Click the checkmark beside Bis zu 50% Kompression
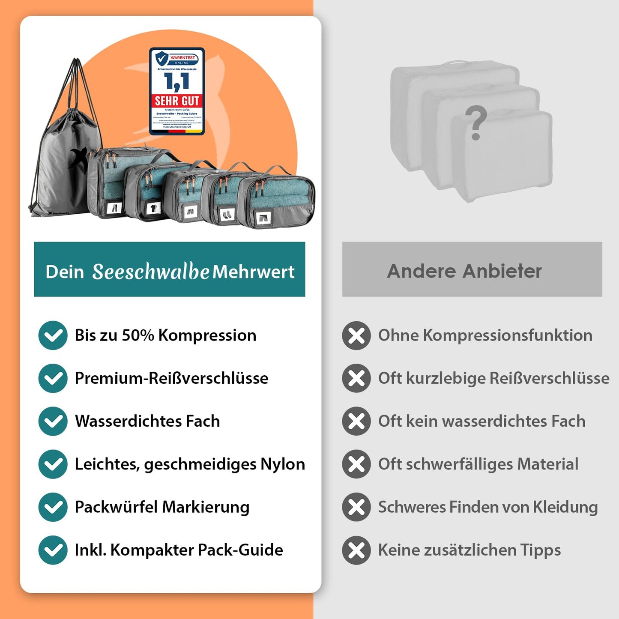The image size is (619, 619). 53,335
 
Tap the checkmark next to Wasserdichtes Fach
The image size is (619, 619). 53,421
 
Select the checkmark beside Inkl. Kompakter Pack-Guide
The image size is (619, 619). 53,550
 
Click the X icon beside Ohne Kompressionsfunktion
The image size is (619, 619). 356,335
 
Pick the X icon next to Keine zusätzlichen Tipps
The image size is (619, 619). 356,550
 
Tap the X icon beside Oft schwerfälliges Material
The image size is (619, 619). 356,464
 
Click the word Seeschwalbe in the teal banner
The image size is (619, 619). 151,272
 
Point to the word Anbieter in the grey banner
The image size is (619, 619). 502,271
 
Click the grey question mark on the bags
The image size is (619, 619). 476,123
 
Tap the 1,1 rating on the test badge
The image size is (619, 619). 176,81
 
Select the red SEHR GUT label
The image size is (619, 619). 177,101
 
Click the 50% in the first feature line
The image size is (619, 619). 138,335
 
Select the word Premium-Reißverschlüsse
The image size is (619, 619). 171,378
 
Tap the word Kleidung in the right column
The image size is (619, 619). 565,507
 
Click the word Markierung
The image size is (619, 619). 206,507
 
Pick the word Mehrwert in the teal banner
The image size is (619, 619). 254,272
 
